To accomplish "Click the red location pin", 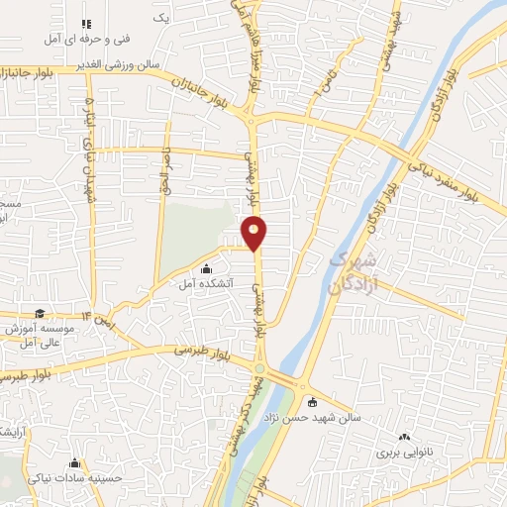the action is point(255,231).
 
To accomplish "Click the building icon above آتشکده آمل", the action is point(207,269).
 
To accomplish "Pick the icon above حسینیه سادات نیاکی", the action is point(74,462).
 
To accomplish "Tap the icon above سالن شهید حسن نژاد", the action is point(313,401).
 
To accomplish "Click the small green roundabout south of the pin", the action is point(259,368).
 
